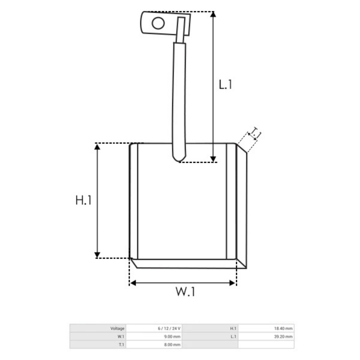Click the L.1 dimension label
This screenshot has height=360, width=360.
[225, 84]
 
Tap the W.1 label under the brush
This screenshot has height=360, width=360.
[185, 292]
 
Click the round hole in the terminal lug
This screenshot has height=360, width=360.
[158, 23]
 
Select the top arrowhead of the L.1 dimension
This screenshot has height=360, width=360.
[213, 14]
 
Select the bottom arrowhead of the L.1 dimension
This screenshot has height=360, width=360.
[213, 159]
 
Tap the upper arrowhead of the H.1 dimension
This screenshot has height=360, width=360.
[97, 147]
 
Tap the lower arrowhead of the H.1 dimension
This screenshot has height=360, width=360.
[97, 255]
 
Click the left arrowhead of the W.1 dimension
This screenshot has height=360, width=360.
[133, 283]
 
